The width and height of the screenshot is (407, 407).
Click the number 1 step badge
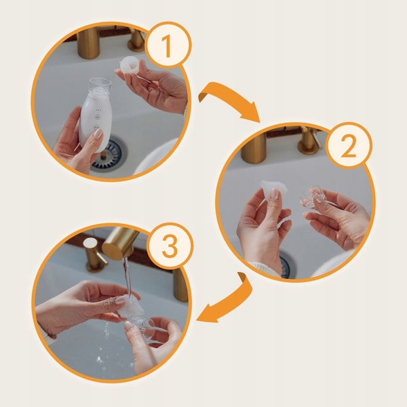168,45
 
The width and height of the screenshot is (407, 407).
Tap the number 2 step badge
349,145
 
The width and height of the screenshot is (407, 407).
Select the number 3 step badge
170,246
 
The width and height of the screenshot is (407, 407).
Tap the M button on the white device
97,117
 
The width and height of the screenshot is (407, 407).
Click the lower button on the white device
96,128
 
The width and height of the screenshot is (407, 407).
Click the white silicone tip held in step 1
130,65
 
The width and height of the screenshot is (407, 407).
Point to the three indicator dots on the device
98,110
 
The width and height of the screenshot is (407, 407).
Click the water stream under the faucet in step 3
128,275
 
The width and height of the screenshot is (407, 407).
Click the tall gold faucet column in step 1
88,42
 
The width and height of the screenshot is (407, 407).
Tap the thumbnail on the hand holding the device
98,134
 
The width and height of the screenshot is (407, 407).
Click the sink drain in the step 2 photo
288,267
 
